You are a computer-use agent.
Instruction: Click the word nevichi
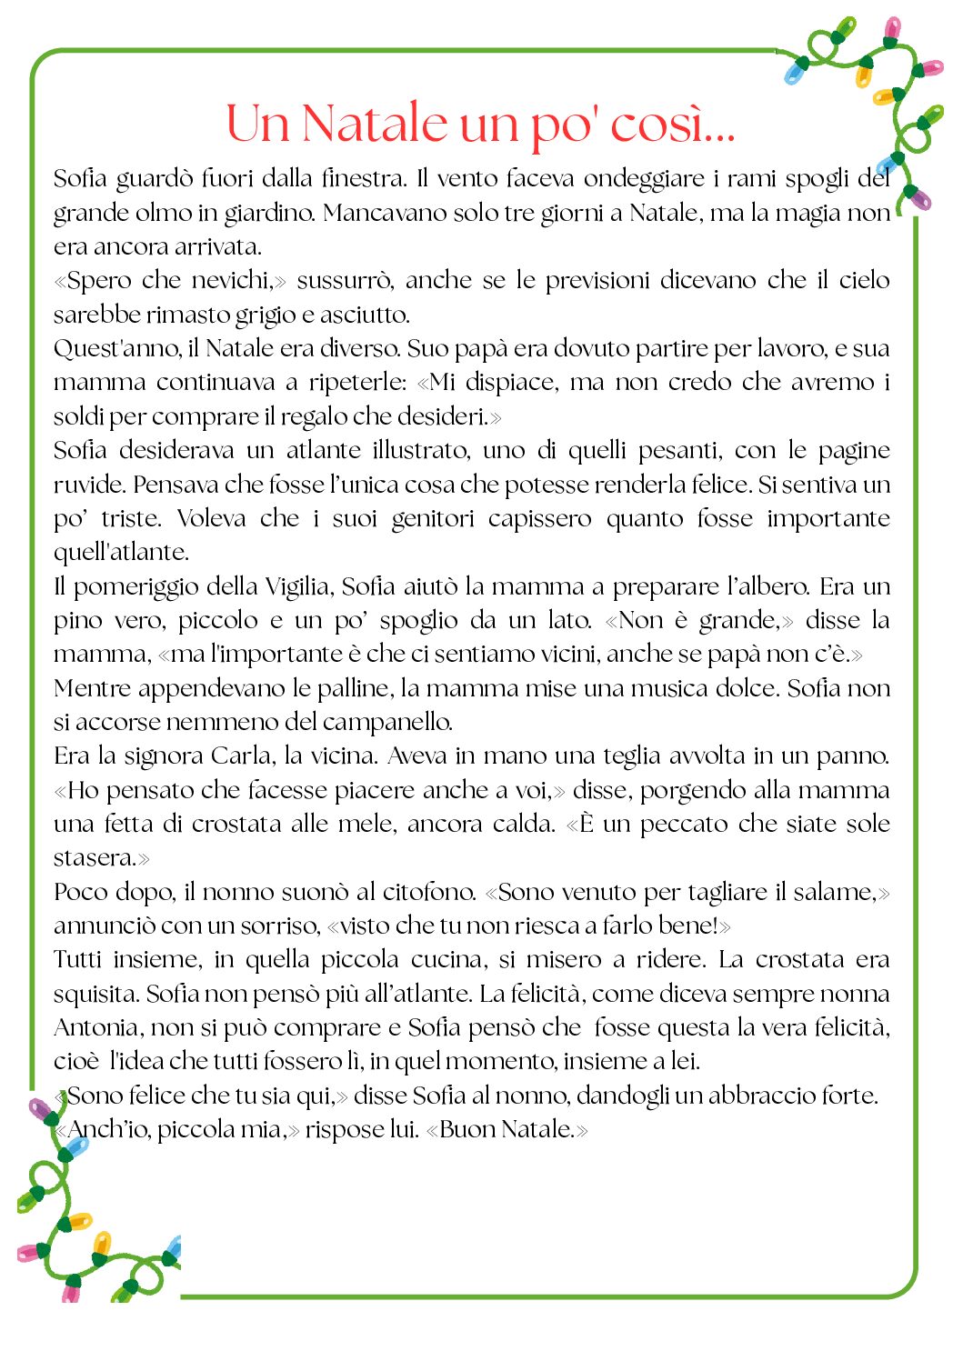[228, 281]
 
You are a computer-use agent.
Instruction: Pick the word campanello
[387, 723]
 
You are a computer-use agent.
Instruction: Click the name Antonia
[95, 1028]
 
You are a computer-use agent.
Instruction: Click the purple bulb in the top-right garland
[919, 199]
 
